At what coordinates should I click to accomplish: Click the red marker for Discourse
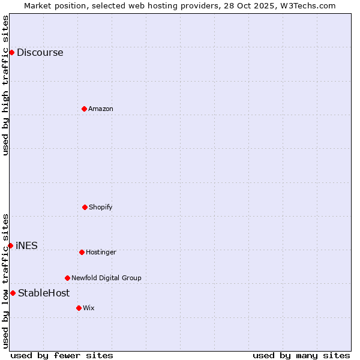11,52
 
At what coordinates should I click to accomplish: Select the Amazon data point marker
84,109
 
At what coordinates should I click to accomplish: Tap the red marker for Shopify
85,207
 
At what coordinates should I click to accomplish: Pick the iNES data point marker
10,245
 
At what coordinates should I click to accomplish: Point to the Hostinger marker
82,252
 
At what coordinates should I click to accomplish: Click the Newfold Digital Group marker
67,278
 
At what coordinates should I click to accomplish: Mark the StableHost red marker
13,293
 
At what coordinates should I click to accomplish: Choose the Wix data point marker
79,308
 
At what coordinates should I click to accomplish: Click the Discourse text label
40,52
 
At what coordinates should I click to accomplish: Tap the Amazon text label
101,109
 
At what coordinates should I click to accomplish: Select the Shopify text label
101,207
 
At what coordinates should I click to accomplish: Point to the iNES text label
26,245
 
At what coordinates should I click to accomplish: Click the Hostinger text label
101,252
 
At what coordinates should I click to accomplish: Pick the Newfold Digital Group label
106,278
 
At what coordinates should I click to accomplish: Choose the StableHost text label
44,293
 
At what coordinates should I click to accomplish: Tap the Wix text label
89,308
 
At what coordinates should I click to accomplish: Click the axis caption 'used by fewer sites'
62,355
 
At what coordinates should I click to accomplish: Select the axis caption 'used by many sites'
301,355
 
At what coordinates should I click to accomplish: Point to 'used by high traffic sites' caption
5,85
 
